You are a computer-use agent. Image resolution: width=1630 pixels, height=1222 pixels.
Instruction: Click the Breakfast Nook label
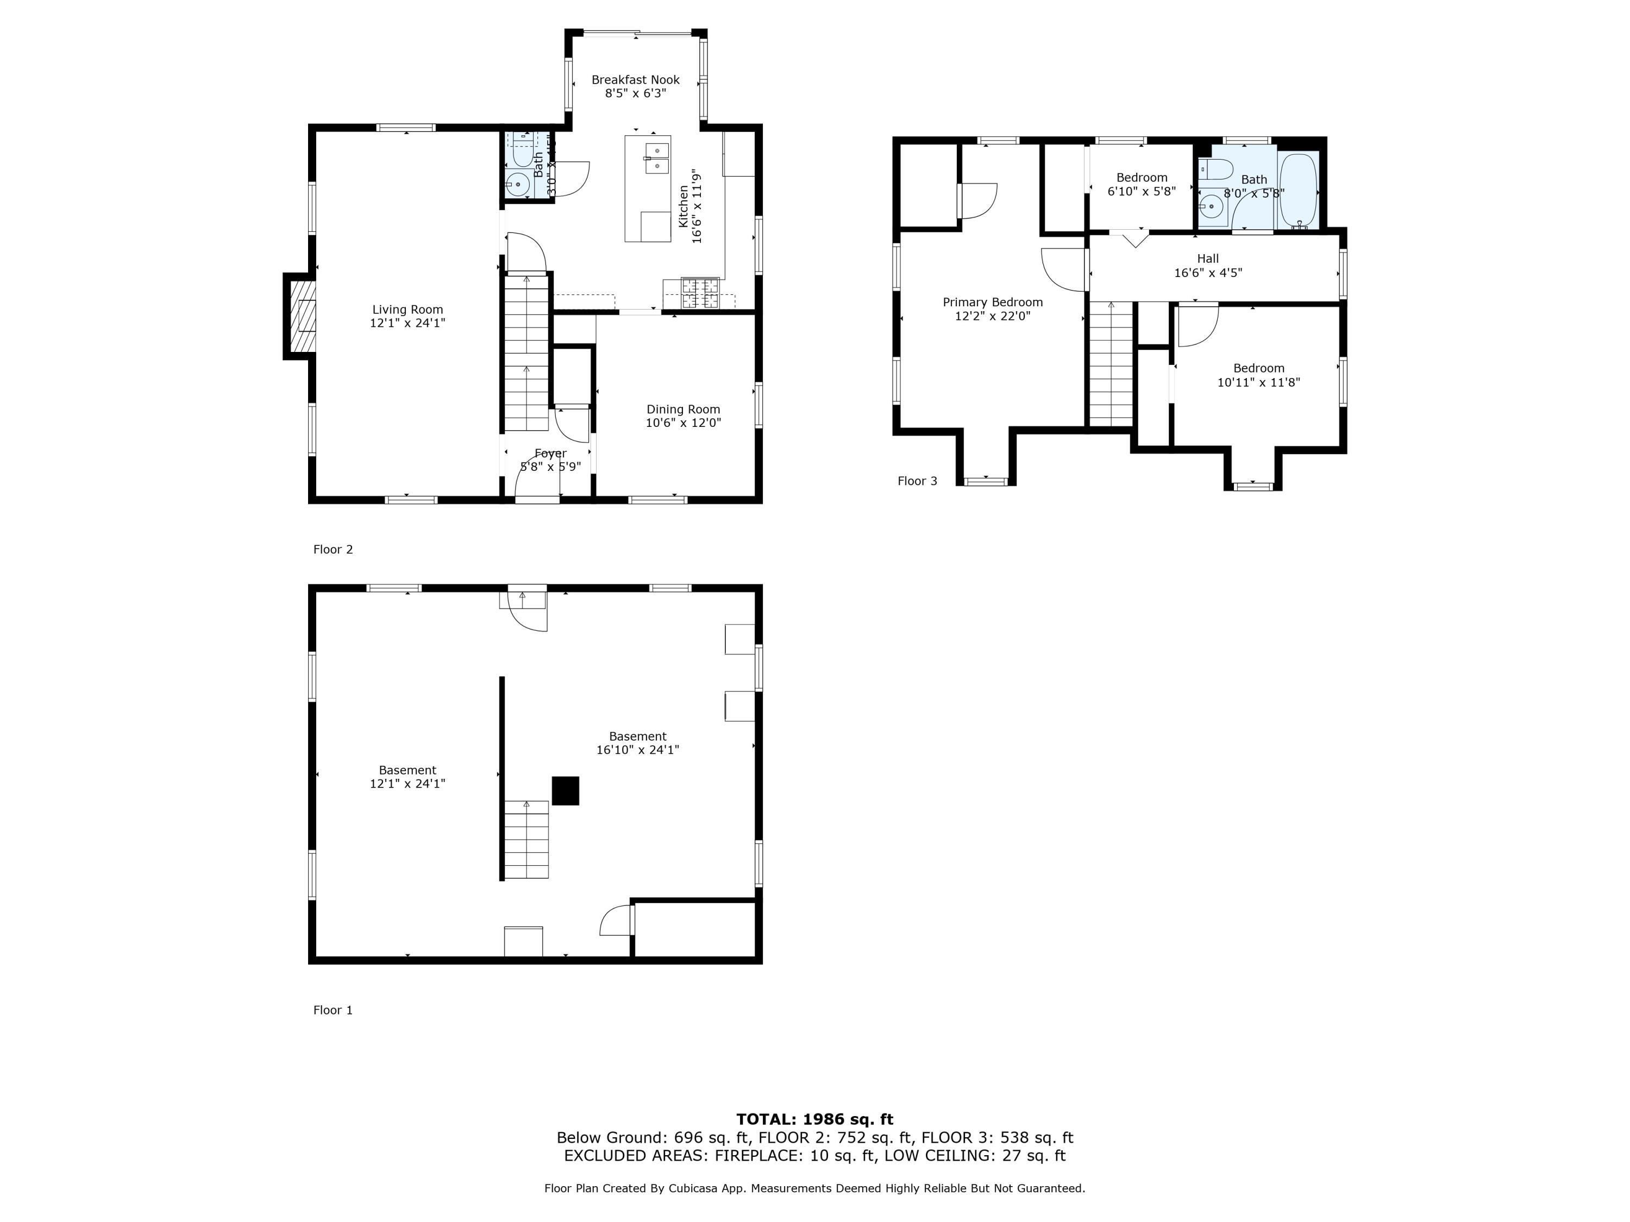(635, 79)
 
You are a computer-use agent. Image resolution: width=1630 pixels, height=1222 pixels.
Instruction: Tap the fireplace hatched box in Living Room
(302, 316)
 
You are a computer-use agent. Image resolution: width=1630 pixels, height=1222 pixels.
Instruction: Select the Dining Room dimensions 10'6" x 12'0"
(683, 423)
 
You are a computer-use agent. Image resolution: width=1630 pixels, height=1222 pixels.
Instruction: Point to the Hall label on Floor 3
(1208, 259)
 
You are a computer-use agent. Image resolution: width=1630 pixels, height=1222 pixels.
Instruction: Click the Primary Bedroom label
(993, 302)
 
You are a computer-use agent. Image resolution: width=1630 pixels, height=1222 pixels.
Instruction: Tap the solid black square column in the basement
(565, 790)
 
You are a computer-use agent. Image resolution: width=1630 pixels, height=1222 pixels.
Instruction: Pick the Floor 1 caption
(333, 1010)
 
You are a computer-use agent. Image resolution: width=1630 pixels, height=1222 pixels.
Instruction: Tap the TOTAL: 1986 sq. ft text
(814, 1119)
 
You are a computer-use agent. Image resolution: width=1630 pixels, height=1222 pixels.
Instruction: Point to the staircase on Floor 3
(1111, 364)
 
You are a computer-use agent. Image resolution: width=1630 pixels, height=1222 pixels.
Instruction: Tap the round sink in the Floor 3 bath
(1210, 206)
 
